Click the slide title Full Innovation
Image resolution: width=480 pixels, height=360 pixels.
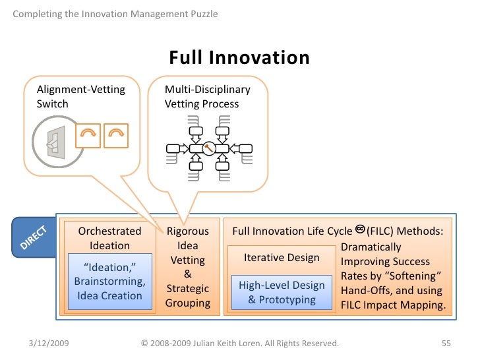coord(239,58)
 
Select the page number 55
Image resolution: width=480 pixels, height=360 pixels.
coord(445,344)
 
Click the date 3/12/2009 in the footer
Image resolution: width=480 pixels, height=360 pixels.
coord(51,344)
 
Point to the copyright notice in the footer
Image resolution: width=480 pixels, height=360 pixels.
coord(240,344)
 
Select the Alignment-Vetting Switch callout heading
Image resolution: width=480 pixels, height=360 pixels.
coord(80,96)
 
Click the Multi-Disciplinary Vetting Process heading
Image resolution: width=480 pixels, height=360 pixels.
coord(207,96)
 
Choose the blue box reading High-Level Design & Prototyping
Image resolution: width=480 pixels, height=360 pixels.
coord(282,293)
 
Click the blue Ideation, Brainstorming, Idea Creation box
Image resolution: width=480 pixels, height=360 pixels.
coord(109,282)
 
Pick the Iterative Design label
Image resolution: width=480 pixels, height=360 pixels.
coord(282,258)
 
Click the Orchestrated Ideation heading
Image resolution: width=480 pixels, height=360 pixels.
coord(109,238)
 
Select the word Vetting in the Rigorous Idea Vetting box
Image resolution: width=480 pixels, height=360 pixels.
coord(187,260)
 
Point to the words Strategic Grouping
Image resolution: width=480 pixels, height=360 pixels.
coord(187,296)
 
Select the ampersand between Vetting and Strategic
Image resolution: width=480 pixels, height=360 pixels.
coord(187,274)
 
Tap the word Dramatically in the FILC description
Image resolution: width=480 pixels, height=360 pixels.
coord(371,247)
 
